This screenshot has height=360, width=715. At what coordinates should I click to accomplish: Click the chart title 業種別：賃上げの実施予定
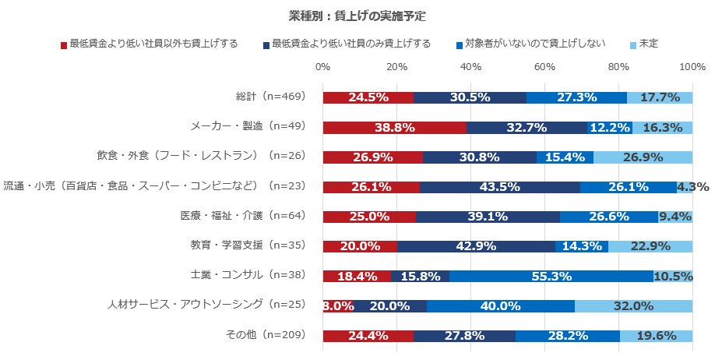pos(357,15)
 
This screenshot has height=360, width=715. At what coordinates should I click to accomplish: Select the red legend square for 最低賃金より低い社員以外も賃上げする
pos(64,45)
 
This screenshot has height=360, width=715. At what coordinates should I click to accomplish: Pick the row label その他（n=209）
pos(264,335)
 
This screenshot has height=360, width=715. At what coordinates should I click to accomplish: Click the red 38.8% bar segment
pos(394,128)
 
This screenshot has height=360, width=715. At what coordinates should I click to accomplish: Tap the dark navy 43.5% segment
pos(501,187)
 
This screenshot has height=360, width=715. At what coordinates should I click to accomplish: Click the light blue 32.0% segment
pos(633,306)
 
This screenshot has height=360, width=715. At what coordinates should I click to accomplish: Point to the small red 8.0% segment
pos(337,306)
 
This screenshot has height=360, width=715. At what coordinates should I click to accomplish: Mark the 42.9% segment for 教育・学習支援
pos(476,246)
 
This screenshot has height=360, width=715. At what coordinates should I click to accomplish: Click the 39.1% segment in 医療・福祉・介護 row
pos(487,217)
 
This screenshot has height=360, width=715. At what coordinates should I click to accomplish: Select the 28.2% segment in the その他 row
pos(567,336)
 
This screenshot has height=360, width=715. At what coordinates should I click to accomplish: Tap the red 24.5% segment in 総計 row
pos(368,98)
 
